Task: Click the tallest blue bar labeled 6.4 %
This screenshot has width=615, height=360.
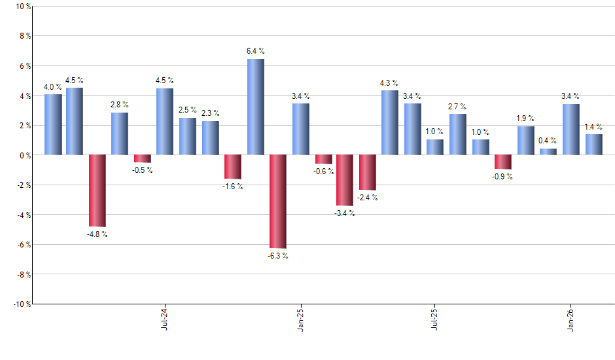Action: point(256,107)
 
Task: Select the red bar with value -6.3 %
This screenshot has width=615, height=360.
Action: point(278,202)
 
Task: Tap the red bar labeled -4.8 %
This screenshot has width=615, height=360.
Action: point(97,190)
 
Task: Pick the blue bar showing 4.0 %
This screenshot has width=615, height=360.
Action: point(53,124)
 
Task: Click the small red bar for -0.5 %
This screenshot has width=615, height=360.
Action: point(143,159)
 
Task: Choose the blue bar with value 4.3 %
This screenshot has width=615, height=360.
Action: point(389,122)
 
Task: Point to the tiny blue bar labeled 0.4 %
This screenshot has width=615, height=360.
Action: point(548,152)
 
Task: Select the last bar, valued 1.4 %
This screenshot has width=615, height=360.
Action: point(593,145)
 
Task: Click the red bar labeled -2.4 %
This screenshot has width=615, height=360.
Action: point(368,172)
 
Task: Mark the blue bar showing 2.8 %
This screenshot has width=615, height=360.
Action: point(120,134)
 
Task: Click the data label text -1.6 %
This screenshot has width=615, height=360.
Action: point(232,187)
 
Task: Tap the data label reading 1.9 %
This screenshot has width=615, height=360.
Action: point(525,118)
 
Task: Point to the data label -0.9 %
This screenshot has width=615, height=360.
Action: point(502,177)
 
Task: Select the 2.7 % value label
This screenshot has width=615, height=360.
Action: point(457,106)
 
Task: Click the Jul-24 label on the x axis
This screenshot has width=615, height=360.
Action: point(164,319)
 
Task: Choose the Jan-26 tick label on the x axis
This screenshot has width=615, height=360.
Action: point(571,319)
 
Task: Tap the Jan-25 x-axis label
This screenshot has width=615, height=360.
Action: point(300,319)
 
